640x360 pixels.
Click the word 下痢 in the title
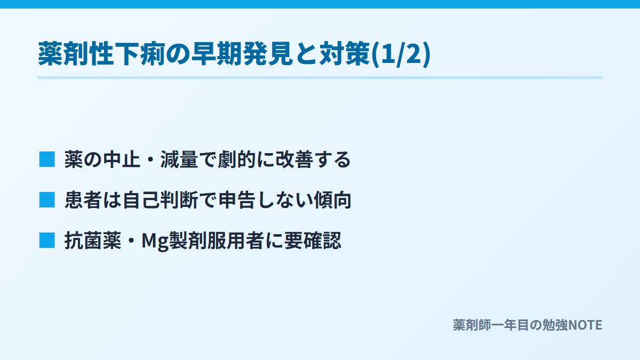(x=140, y=54)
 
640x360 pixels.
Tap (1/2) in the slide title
(x=401, y=54)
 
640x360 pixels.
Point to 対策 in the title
(x=345, y=54)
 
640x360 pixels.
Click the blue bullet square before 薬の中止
(x=47, y=159)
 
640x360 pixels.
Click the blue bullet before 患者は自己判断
(x=47, y=199)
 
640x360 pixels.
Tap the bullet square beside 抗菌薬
(x=47, y=241)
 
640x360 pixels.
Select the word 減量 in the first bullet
(x=179, y=159)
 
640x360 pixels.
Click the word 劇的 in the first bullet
(x=237, y=159)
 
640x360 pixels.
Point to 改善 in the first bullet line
(x=294, y=159)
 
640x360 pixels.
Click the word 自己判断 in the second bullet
(x=160, y=199)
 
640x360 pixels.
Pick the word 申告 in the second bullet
(x=237, y=199)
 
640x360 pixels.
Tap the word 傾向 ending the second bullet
(x=332, y=199)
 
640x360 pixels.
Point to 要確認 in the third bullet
(x=313, y=241)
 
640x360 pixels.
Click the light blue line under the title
(x=320, y=77)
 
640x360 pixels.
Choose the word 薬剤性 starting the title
(x=76, y=54)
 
